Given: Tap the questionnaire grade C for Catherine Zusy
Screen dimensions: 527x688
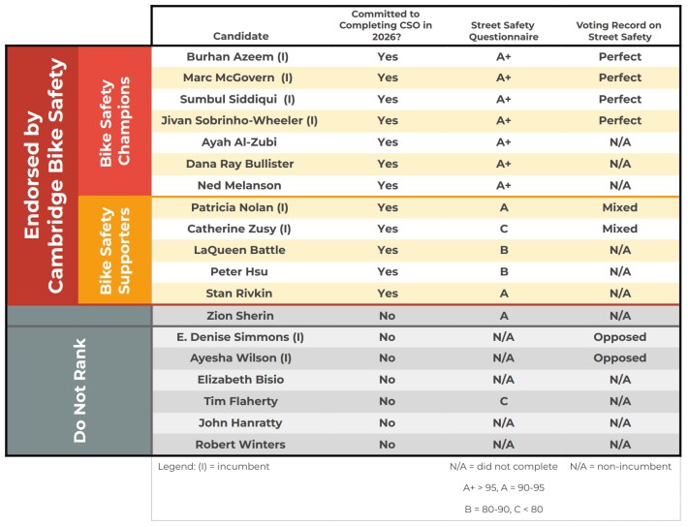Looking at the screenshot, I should click(503, 229).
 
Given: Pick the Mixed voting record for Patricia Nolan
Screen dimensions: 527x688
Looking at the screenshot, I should click(620, 207).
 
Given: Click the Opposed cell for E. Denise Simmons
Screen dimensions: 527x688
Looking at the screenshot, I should click(620, 337).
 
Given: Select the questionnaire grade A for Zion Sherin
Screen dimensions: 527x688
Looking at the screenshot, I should click(503, 316).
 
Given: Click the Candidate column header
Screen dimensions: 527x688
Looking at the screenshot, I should click(239, 36).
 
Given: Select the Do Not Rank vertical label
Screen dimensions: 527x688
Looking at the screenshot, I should click(80, 390).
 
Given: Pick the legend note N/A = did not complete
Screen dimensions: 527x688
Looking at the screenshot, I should click(503, 466).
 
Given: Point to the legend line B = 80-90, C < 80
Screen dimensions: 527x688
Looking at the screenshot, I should click(503, 508).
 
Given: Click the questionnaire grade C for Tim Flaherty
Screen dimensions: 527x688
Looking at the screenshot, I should click(503, 401).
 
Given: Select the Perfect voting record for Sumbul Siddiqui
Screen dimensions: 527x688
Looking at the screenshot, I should click(620, 100).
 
